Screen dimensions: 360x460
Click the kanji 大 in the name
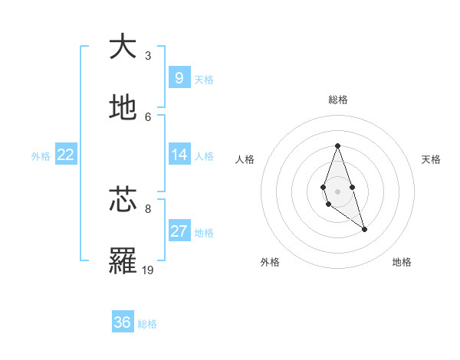click(123, 47)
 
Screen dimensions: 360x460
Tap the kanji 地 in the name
click(123, 108)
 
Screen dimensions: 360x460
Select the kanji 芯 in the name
click(123, 200)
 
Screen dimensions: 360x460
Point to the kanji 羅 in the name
click(123, 261)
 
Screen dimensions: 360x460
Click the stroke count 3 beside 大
click(148, 55)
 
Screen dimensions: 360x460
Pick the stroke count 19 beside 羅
click(148, 270)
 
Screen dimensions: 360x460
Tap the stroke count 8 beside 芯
click(148, 208)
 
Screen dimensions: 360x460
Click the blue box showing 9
click(179, 77)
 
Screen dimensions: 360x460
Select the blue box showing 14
click(179, 155)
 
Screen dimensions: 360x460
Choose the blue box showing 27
click(179, 231)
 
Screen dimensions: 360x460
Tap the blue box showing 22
click(66, 155)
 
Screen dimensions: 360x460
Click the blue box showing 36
click(123, 322)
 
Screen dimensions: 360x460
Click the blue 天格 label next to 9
click(204, 79)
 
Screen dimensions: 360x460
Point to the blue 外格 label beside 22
click(41, 156)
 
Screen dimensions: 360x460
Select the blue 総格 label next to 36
click(147, 324)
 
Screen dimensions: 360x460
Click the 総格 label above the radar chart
click(337, 100)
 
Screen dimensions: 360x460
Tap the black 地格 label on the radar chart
click(402, 262)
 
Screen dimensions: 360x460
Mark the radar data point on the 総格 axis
click(337, 146)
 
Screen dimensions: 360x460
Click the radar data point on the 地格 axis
click(364, 229)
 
